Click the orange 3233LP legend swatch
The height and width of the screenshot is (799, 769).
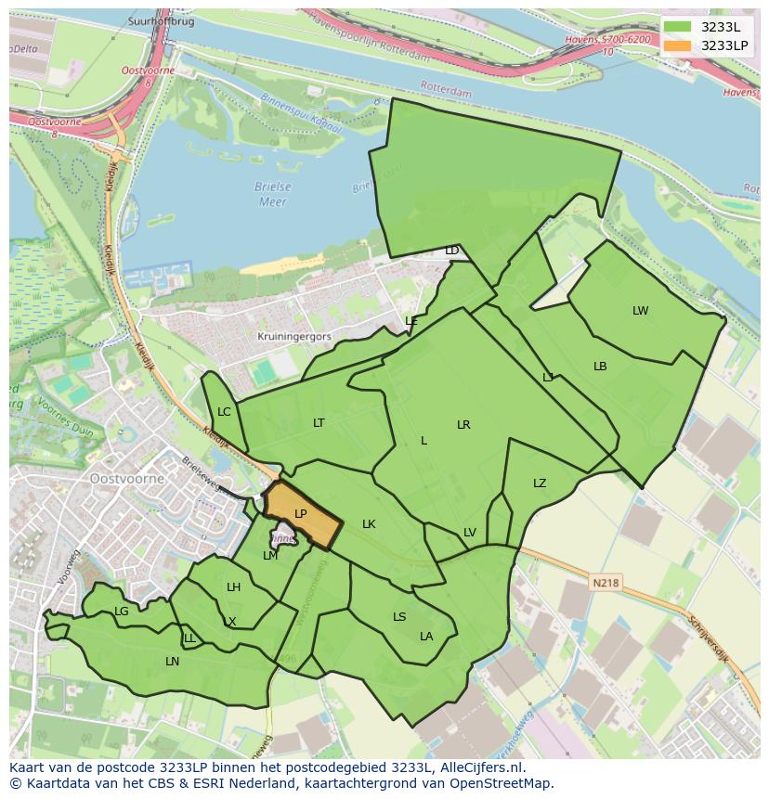click(679, 45)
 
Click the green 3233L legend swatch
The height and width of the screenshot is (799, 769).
click(679, 27)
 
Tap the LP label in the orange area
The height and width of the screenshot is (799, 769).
click(300, 514)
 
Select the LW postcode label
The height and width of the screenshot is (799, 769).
click(640, 311)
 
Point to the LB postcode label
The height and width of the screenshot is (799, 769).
click(600, 367)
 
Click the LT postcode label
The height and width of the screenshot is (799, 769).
click(319, 423)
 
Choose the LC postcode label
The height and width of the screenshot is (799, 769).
click(224, 412)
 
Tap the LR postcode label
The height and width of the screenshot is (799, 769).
click(463, 425)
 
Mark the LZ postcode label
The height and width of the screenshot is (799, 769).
click(540, 483)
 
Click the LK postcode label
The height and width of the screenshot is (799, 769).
click(369, 524)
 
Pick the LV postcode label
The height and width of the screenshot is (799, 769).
click(469, 533)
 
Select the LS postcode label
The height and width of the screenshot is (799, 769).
click(399, 617)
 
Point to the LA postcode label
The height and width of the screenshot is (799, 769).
click(426, 637)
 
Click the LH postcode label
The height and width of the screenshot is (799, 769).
click(233, 587)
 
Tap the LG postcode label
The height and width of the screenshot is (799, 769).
click(122, 612)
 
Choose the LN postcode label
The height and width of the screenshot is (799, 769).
click(172, 662)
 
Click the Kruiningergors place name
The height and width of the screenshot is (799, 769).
click(294, 338)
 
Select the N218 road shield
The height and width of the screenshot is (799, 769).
click(604, 583)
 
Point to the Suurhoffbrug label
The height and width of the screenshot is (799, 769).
click(163, 21)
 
